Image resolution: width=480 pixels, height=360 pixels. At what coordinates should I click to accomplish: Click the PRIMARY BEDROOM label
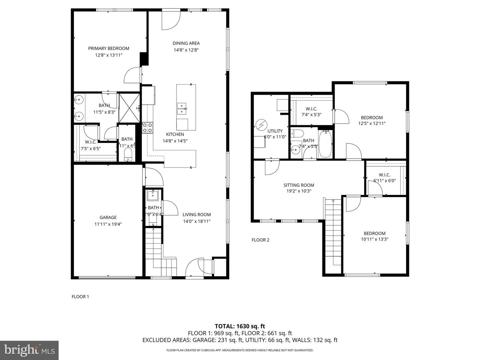click(x=108, y=48)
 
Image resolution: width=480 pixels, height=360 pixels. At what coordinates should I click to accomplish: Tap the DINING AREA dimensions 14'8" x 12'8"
click(x=186, y=50)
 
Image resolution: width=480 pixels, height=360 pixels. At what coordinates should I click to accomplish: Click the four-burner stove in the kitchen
click(x=147, y=128)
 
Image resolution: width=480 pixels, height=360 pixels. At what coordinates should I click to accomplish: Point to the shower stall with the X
click(x=129, y=108)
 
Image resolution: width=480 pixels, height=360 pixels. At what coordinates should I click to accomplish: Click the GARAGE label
click(x=108, y=217)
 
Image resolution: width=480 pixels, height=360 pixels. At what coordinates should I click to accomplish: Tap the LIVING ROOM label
click(x=197, y=215)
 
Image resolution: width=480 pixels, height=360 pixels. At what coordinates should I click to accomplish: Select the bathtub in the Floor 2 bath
click(x=325, y=144)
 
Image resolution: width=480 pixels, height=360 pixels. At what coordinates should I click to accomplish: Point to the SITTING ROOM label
click(x=299, y=185)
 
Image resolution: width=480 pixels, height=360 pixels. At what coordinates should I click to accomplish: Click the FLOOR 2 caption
click(x=260, y=240)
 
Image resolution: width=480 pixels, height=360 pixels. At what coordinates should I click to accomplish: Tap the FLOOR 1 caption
click(x=80, y=297)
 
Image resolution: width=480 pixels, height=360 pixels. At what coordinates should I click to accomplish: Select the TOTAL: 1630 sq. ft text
click(x=240, y=326)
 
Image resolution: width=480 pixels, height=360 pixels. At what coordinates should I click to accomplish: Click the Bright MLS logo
click(x=29, y=350)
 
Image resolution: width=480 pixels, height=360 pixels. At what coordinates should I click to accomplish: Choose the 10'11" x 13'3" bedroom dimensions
click(x=374, y=239)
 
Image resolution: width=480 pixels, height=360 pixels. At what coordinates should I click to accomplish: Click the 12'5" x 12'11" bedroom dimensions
click(x=372, y=123)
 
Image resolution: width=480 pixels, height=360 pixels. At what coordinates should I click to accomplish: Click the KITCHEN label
click(x=175, y=134)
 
